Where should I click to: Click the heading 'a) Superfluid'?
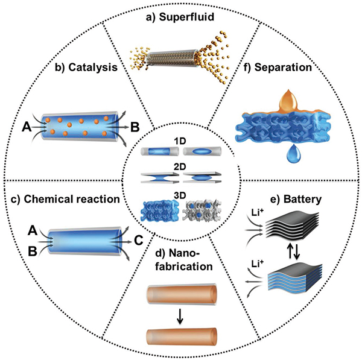[180, 17]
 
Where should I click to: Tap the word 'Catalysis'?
[93, 68]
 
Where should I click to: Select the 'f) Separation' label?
[278, 68]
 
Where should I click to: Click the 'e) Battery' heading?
[296, 199]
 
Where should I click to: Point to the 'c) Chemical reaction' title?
[65, 199]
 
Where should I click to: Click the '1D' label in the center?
[180, 141]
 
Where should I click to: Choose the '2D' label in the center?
[180, 166]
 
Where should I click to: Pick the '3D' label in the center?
[180, 195]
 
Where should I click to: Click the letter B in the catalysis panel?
[135, 127]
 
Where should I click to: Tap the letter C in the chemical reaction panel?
[139, 241]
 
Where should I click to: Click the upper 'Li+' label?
[258, 212]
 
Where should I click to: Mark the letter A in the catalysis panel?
[27, 127]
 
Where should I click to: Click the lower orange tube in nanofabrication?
[182, 336]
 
